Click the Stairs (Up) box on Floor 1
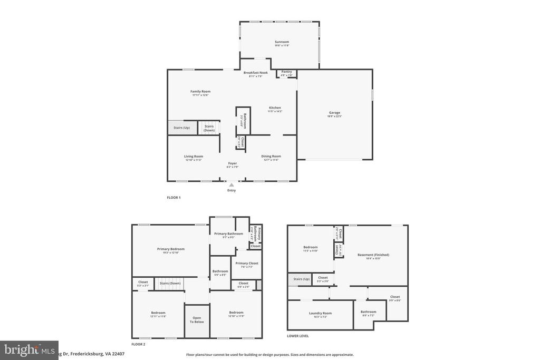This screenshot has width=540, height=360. click(x=181, y=128)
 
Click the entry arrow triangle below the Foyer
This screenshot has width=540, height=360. click(x=231, y=184)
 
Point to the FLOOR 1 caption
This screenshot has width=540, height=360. click(x=173, y=197)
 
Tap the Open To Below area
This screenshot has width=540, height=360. click(x=197, y=320)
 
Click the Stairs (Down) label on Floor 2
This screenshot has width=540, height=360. click(x=170, y=283)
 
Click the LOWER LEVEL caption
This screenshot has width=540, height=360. click(x=298, y=336)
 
